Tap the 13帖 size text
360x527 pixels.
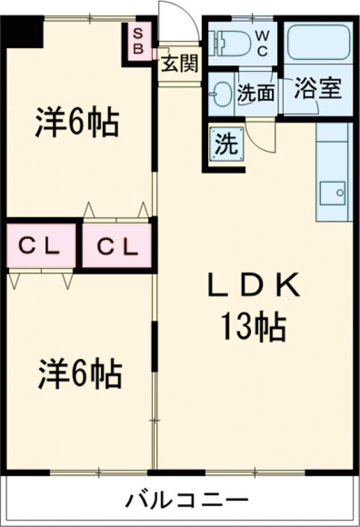tap(253, 327)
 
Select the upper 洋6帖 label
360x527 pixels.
tap(76, 124)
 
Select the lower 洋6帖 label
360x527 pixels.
tap(80, 374)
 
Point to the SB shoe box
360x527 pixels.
tap(137, 41)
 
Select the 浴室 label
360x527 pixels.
tap(317, 89)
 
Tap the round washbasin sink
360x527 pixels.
tap(221, 93)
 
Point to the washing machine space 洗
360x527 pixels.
tap(226, 144)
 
